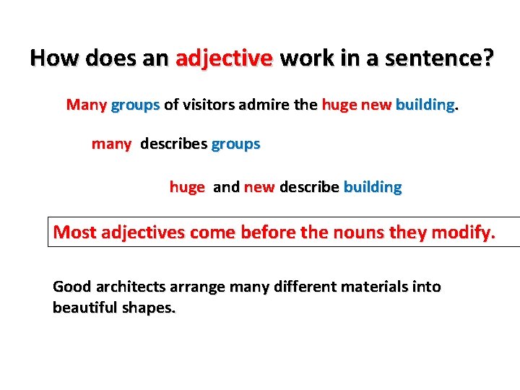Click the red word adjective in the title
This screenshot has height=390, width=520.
point(224,58)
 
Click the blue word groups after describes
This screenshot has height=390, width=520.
point(235,144)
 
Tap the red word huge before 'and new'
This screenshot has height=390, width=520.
point(187,187)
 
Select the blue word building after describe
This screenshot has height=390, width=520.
point(373,187)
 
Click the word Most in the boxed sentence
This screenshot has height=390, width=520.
point(74,233)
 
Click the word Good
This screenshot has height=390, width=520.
point(71,287)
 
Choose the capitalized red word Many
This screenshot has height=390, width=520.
point(86,105)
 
